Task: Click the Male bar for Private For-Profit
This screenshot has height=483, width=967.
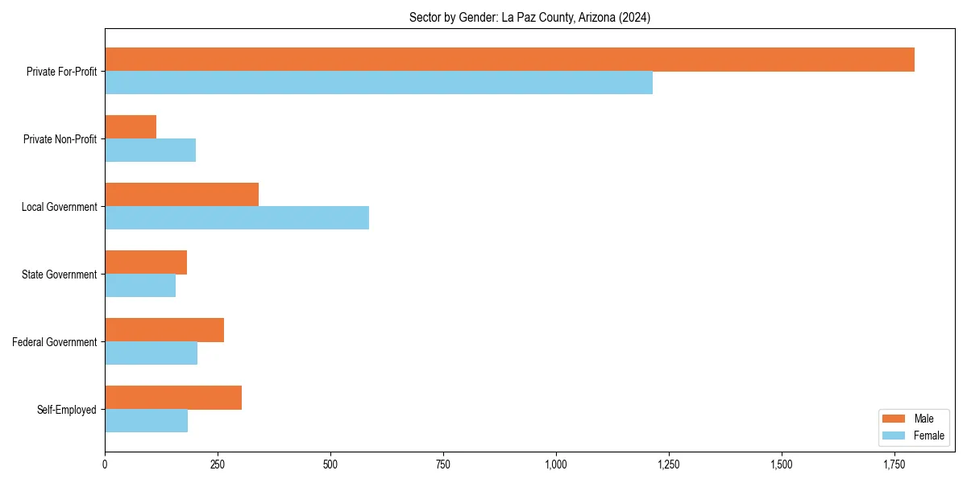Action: (509, 60)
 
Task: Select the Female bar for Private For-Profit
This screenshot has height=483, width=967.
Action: (379, 83)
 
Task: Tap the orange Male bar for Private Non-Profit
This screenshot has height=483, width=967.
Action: (131, 127)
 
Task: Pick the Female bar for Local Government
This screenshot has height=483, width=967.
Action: (237, 218)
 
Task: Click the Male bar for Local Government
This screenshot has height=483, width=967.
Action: (181, 195)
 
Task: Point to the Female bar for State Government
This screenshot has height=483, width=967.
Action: (140, 286)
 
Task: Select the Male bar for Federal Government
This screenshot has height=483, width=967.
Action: (164, 330)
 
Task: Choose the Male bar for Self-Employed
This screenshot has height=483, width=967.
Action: (173, 398)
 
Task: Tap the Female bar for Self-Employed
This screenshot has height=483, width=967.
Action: (146, 421)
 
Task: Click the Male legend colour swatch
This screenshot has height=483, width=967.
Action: (894, 419)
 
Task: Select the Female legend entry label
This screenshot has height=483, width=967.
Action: (929, 436)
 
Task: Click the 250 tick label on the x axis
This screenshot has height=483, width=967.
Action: (218, 464)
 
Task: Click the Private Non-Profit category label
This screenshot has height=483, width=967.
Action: (60, 139)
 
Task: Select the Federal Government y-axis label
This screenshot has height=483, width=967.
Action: (55, 342)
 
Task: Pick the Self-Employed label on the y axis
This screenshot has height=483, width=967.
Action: (67, 410)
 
